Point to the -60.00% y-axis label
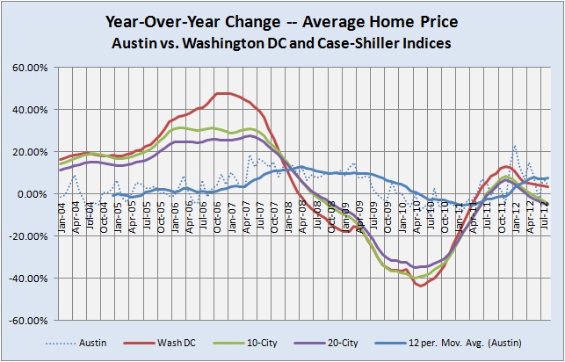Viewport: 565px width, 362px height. [x=30, y=321]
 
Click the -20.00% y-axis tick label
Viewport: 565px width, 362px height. [x=30, y=236]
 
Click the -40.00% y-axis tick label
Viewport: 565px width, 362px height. [x=30, y=279]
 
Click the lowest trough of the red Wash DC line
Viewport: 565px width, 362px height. [x=421, y=286]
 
